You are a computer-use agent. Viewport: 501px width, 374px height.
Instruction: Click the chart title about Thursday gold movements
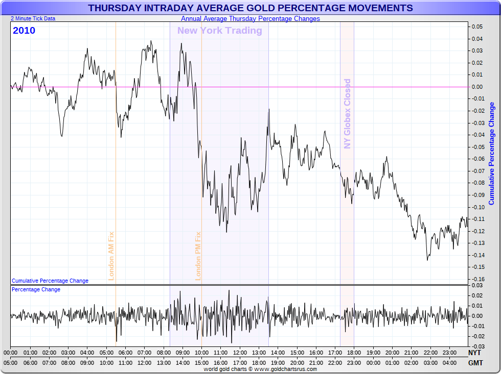click(250, 8)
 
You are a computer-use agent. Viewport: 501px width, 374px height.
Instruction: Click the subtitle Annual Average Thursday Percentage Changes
click(250, 19)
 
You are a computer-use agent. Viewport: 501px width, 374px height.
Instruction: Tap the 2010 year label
click(24, 31)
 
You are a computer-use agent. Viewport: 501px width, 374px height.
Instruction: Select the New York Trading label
click(219, 31)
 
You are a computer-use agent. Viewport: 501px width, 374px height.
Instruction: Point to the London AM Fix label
click(111, 256)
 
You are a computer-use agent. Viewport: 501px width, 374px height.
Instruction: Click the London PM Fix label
click(198, 256)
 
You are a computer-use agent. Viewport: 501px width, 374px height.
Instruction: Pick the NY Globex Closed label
click(348, 113)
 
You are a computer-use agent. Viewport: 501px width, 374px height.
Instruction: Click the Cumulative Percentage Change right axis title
click(492, 153)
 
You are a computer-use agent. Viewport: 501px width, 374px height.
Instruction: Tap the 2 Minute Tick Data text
click(33, 18)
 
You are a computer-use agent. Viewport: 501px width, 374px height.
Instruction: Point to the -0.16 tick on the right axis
click(477, 279)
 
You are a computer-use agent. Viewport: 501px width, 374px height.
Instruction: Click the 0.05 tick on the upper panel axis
click(477, 27)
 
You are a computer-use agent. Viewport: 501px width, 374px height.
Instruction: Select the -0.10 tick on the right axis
click(477, 207)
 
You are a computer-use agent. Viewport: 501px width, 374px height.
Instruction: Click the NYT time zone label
click(474, 353)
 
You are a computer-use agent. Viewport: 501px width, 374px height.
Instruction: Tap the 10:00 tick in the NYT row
click(201, 353)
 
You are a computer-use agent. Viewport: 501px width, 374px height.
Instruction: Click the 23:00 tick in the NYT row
click(449, 353)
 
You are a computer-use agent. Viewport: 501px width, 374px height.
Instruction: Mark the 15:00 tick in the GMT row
click(201, 362)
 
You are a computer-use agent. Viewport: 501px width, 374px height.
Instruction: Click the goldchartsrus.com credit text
click(260, 369)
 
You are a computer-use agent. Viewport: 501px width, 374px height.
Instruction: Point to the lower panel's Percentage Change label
click(36, 289)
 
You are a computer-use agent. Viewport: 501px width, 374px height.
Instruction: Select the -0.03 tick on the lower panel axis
click(477, 346)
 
